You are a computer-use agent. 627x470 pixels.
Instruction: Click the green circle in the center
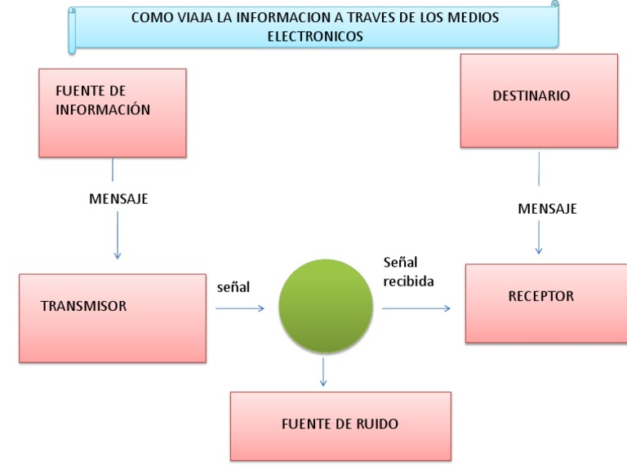325,306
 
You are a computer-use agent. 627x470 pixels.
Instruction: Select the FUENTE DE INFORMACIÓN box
113,113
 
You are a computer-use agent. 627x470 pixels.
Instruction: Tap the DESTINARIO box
539,100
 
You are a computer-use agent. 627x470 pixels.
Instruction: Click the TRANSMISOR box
113,317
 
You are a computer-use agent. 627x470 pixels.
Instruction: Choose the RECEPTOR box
546,303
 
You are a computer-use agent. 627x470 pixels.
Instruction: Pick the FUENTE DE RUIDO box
340,426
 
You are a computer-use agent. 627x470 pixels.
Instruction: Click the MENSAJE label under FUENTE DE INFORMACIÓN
118,198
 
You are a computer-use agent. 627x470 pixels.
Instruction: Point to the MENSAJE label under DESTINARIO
547,209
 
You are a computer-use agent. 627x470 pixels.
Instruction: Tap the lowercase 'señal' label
233,286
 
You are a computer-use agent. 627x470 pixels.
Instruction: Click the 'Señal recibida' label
408,272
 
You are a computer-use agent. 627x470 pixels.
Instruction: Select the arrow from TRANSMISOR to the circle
240,308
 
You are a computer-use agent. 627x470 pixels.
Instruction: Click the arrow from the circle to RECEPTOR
416,308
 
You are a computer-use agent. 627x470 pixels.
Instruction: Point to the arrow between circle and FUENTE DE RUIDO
324,371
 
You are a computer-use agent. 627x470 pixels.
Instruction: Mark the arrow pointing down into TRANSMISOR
118,236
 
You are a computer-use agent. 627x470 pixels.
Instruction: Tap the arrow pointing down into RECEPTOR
539,237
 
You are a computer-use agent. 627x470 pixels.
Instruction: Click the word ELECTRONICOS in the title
315,36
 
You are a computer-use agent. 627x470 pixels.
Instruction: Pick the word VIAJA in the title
193,17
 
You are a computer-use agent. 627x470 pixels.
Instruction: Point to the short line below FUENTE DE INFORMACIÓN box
113,169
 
